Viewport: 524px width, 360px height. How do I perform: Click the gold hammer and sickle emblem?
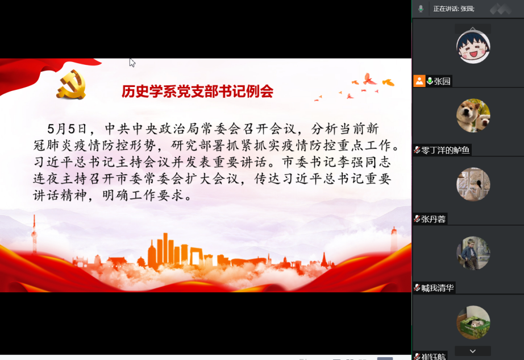pos(71,84)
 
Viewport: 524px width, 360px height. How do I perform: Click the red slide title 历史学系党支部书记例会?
pos(198,91)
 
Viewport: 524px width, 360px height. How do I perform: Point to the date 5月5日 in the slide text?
pos(67,129)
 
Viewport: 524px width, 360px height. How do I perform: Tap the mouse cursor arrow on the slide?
pos(132,63)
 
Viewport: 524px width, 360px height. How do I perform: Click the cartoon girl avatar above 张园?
pos(473,47)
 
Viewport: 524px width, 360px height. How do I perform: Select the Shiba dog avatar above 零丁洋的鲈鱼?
pos(473,115)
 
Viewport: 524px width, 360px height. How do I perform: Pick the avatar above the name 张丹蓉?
pos(473,184)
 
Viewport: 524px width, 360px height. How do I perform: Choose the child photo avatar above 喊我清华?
pos(473,253)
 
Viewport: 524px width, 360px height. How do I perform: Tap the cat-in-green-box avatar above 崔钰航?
pos(473,322)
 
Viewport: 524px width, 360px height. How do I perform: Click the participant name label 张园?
pos(442,81)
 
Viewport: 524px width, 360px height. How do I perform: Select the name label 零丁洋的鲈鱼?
pos(445,150)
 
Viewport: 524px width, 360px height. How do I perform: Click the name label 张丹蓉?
pos(433,219)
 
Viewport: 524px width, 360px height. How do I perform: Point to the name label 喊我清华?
pos(437,288)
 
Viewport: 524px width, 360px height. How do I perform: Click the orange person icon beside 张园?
pos(419,81)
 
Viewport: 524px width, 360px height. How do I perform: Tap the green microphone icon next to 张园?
pos(430,81)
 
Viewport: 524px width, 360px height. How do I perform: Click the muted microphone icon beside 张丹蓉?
pos(417,219)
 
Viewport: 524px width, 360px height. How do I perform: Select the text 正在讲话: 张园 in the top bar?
pos(454,9)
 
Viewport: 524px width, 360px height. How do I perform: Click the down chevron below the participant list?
pos(472,351)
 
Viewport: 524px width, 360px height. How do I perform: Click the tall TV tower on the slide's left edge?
pos(34,235)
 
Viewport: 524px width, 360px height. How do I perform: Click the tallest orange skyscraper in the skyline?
pos(165,249)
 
